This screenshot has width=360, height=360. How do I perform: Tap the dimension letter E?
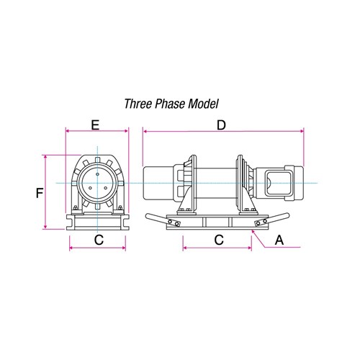(x=95, y=125)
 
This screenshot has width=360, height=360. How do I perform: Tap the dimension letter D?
(x=222, y=125)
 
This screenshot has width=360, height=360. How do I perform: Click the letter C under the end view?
(x=98, y=240)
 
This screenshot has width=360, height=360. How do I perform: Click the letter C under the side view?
(x=217, y=240)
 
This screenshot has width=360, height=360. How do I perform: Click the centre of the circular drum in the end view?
(x=96, y=184)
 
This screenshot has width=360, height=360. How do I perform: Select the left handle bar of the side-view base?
(x=155, y=217)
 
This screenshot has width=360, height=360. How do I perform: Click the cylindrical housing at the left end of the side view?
(x=160, y=184)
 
